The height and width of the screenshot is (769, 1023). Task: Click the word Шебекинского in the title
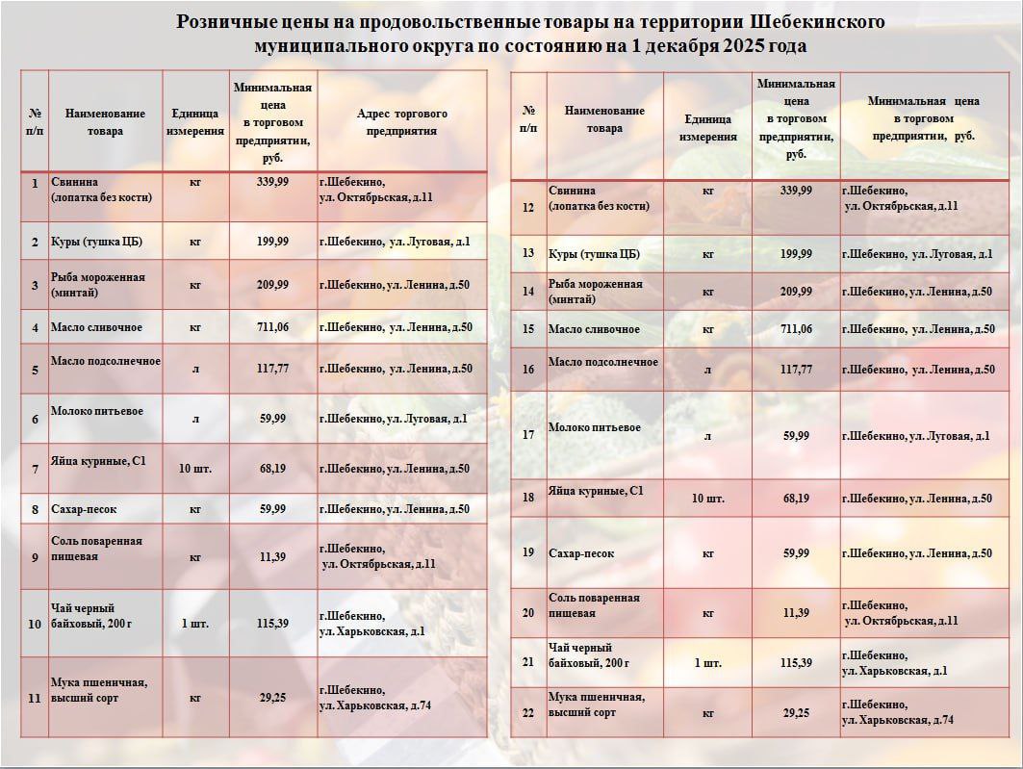[817, 22]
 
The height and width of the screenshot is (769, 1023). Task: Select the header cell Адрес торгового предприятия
[402, 122]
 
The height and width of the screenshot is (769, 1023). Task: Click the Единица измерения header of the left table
[195, 122]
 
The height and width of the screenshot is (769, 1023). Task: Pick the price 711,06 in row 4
[272, 327]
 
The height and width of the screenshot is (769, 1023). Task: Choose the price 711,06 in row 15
[796, 329]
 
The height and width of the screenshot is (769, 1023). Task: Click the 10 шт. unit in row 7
[195, 469]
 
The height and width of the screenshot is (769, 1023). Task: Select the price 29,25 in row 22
[796, 712]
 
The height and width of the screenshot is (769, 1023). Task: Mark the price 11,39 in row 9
[272, 557]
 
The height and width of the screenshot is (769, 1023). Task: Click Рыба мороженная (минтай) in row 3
[98, 284]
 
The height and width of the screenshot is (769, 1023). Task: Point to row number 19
[527, 552]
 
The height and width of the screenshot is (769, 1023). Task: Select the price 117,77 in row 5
[272, 369]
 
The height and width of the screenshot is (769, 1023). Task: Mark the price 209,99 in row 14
[796, 291]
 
